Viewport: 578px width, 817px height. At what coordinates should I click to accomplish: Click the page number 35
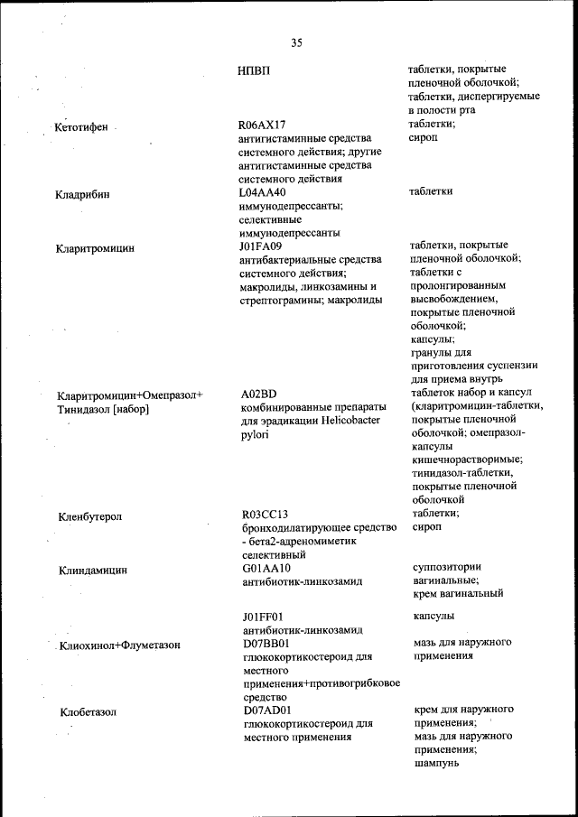[x=296, y=42]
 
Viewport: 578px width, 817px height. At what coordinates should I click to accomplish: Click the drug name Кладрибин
[x=83, y=193]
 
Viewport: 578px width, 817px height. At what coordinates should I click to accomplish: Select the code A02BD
[x=259, y=395]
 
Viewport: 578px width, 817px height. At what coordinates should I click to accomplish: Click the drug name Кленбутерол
[x=90, y=516]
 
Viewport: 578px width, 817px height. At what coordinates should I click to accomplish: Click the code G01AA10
[x=266, y=568]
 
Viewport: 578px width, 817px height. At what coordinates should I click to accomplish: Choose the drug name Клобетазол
[x=89, y=712]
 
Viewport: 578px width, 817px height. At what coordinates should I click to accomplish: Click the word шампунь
[x=437, y=763]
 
